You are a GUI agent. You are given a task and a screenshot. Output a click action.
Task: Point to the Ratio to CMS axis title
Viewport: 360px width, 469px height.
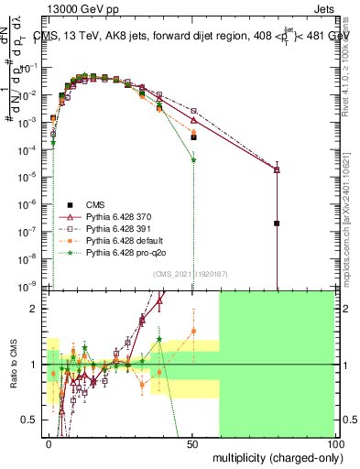(x=12, y=364)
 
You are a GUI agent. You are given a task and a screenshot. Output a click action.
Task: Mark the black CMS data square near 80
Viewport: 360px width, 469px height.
(x=277, y=223)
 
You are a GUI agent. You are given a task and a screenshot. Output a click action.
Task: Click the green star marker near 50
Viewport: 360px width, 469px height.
(x=193, y=160)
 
